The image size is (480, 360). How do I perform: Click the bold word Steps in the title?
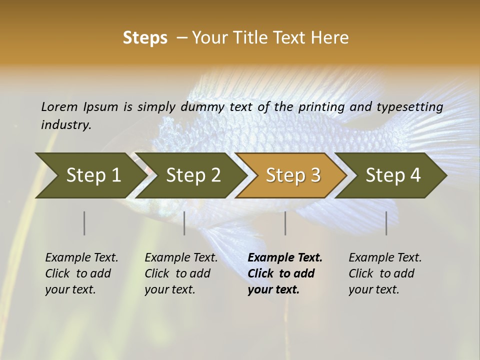tap(145, 38)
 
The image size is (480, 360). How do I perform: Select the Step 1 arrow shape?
tap(90, 175)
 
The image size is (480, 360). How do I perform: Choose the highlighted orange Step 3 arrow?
tap(292, 175)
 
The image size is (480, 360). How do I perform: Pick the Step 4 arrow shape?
tap(392, 175)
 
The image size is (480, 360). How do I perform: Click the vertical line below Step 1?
tap(84, 223)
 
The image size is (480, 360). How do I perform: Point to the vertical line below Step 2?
tap(184, 223)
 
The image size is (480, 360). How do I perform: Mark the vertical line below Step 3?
tap(285, 223)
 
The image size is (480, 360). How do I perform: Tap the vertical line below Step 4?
tap(386, 223)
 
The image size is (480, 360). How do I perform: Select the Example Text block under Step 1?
tap(81, 273)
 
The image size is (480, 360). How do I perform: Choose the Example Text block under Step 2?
tap(181, 273)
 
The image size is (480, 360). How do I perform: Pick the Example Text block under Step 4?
tap(385, 273)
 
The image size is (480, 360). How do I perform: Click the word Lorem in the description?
tap(59, 106)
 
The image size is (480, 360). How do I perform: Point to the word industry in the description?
tap(66, 125)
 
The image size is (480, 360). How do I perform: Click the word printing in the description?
tap(321, 106)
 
